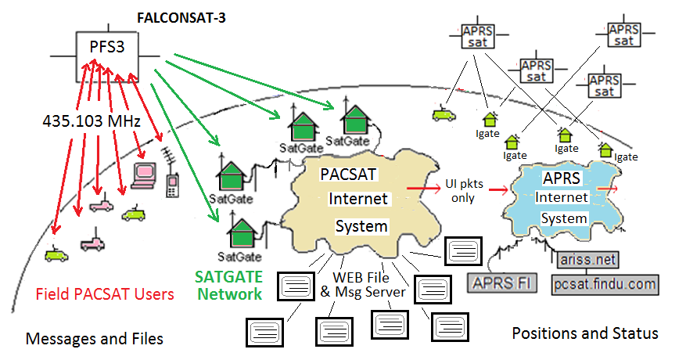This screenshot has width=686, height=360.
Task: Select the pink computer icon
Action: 145,175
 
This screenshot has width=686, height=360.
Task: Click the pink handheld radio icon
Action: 172,185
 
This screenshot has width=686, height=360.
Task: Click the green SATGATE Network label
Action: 229,286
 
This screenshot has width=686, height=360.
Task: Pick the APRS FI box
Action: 502,283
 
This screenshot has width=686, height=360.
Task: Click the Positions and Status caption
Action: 584,333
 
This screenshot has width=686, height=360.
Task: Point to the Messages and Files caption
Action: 94,339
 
